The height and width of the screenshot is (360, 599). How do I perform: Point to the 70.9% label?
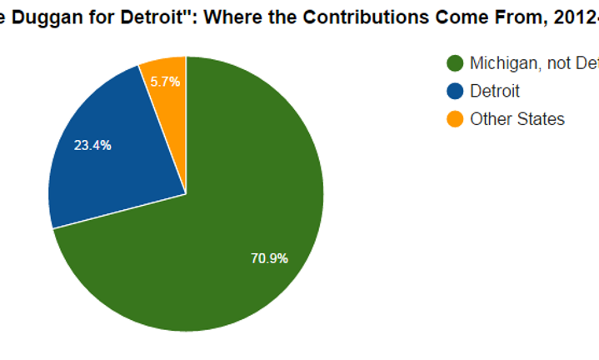(x=269, y=258)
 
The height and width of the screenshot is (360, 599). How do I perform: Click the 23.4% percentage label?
(x=92, y=145)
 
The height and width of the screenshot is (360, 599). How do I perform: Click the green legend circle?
(x=455, y=63)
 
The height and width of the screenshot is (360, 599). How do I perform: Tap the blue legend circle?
(x=455, y=91)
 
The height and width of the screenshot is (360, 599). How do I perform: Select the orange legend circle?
(x=455, y=119)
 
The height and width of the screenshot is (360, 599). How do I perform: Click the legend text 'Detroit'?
(x=495, y=91)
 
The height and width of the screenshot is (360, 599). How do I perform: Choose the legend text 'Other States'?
(x=517, y=119)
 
